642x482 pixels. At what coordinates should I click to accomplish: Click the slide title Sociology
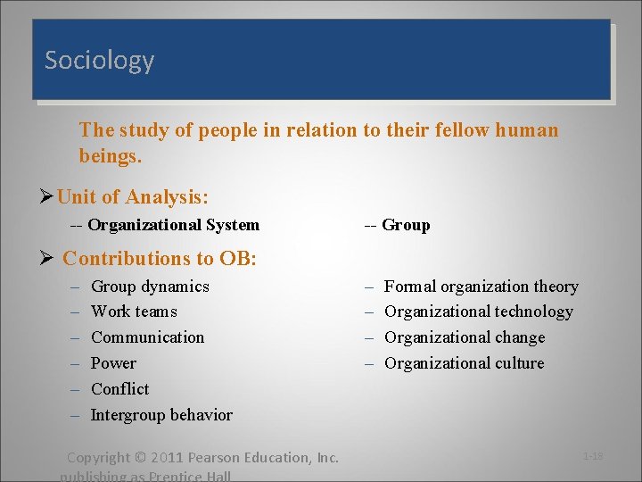[99, 61]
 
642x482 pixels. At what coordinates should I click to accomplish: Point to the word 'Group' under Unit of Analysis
[406, 225]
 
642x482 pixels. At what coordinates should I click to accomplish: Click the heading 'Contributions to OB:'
[160, 259]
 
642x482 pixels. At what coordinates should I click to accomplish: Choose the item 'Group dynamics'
[150, 287]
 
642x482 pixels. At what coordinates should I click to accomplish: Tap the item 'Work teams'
[134, 312]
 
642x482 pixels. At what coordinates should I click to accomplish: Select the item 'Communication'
[147, 337]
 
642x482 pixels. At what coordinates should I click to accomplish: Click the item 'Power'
[113, 363]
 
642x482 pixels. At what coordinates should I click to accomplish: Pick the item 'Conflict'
[119, 389]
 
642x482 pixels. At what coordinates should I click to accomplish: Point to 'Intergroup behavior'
[161, 415]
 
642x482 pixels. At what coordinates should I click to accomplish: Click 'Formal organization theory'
[481, 287]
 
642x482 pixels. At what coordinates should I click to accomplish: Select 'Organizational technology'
[478, 312]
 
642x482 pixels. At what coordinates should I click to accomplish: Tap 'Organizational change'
[464, 337]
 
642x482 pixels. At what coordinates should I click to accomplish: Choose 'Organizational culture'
[464, 363]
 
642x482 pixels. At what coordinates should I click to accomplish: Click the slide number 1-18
[593, 456]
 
